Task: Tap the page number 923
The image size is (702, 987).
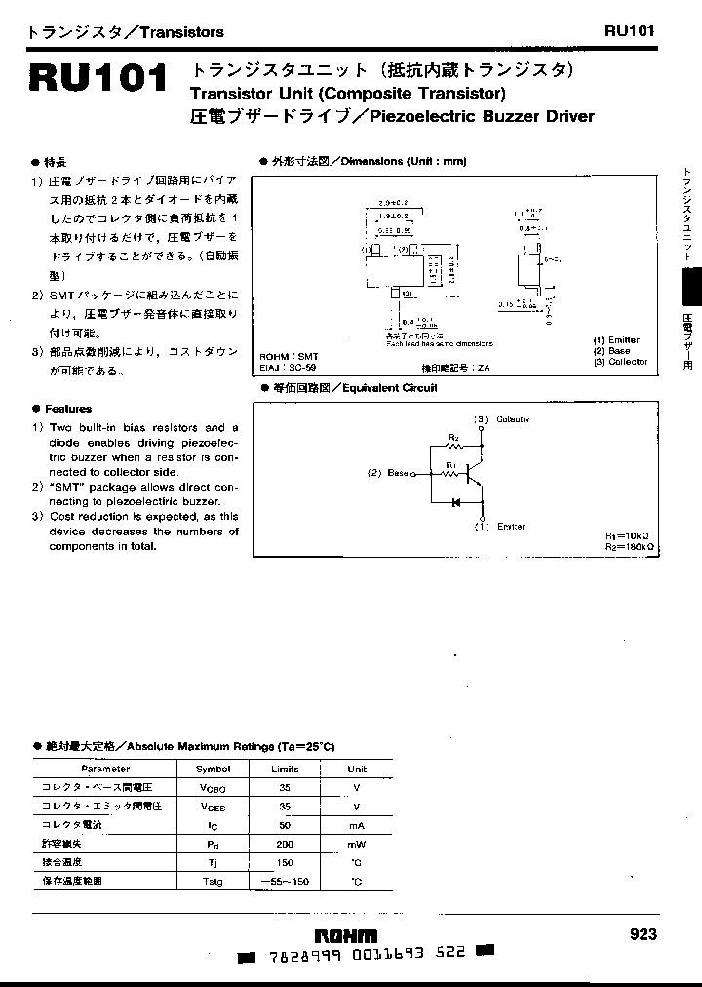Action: pyautogui.click(x=643, y=934)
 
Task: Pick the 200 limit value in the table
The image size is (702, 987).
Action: pyautogui.click(x=286, y=844)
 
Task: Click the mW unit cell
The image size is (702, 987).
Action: pyautogui.click(x=357, y=844)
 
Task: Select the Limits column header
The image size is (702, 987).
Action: pyautogui.click(x=285, y=769)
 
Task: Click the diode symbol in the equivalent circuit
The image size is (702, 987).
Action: pyautogui.click(x=454, y=502)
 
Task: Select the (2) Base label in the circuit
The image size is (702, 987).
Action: pyautogui.click(x=387, y=473)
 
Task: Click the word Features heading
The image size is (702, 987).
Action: pyautogui.click(x=67, y=409)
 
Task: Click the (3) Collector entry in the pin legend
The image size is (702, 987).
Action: pyautogui.click(x=620, y=361)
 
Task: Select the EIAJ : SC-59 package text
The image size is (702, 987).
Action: pyautogui.click(x=291, y=368)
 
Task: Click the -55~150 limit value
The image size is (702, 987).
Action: pyautogui.click(x=285, y=881)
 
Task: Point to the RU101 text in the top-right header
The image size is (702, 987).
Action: pyautogui.click(x=629, y=30)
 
